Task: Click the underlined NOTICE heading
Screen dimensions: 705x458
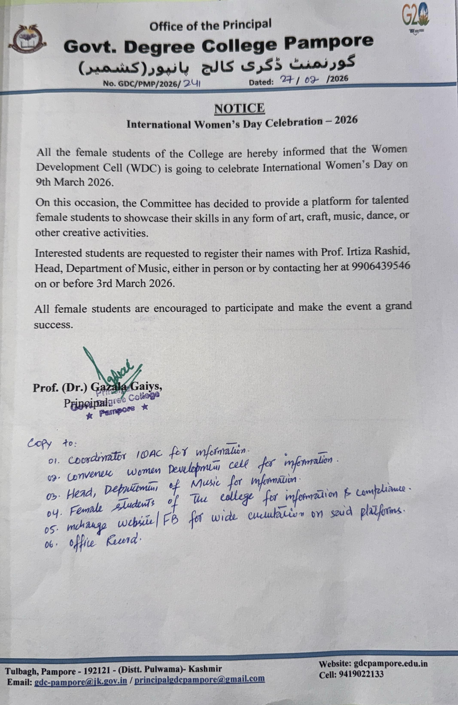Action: click(239, 108)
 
